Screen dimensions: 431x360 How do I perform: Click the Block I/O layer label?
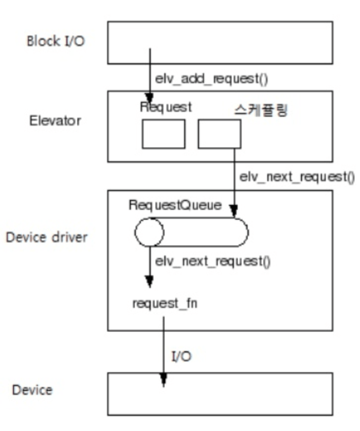55,41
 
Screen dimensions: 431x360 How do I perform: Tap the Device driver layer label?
47,238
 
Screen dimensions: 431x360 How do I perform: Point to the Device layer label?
32,389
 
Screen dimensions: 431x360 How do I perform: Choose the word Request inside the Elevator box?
166,107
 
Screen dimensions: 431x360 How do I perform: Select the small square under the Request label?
163,135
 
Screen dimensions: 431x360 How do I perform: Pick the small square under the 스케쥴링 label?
219,135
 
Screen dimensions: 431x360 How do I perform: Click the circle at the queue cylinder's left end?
149,232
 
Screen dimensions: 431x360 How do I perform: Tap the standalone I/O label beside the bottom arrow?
182,356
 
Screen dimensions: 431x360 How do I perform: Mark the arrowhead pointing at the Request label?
150,98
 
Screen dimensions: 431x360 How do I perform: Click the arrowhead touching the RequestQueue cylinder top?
233,211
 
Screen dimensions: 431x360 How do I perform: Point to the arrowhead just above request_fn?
150,282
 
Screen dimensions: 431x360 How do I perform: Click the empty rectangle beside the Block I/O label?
220,42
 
